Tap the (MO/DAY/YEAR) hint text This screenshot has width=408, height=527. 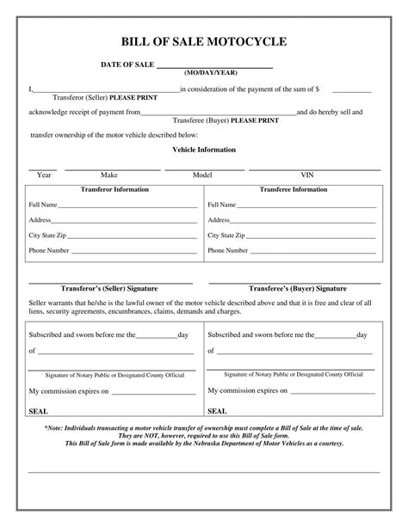(x=210, y=73)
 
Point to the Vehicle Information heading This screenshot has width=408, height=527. (x=204, y=149)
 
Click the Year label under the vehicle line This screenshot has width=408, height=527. (x=43, y=175)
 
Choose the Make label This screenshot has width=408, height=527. (x=109, y=175)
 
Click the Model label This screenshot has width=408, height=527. (x=202, y=175)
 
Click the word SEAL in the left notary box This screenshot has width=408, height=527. (x=38, y=411)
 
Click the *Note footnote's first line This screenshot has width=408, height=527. (x=204, y=427)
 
